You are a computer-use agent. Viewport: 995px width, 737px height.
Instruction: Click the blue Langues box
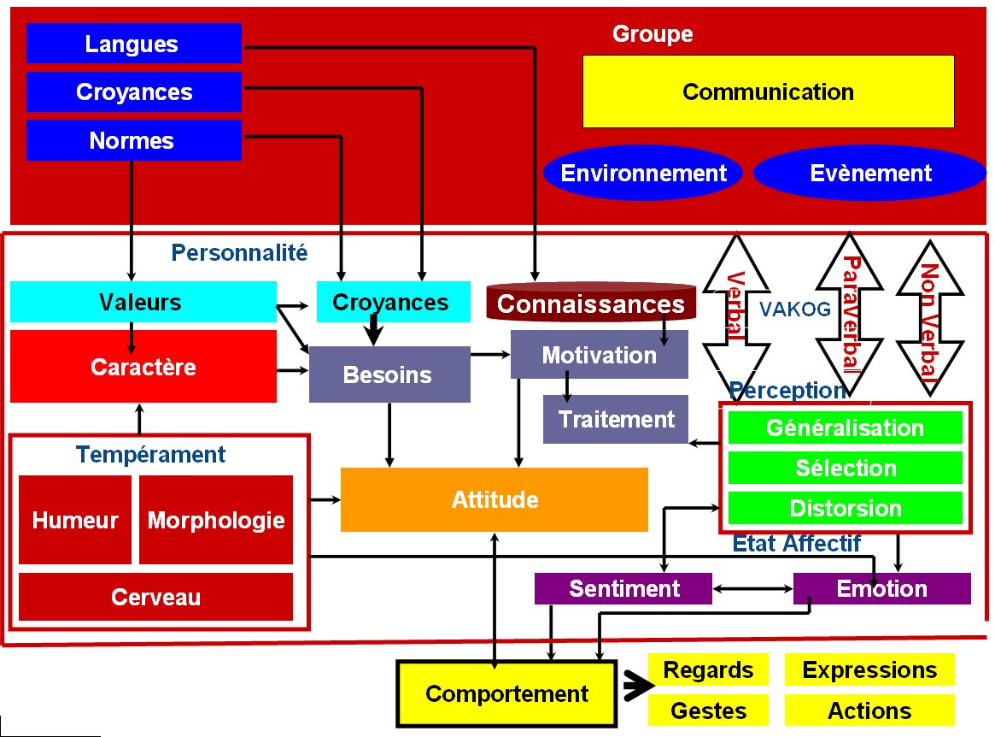[x=134, y=44]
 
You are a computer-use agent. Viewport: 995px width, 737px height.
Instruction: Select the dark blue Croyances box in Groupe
[x=134, y=91]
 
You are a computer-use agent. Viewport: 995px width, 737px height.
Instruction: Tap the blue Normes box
[x=134, y=139]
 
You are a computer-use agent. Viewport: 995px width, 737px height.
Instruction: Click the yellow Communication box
[x=769, y=91]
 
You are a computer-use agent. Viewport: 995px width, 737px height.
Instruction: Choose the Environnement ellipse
[x=643, y=173]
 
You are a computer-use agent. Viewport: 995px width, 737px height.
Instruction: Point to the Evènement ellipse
[x=870, y=173]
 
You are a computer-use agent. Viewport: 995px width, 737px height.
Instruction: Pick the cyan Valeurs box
[x=143, y=302]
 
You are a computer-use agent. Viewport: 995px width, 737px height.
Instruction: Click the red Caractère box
[x=143, y=367]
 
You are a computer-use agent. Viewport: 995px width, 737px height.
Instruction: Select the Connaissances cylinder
[x=591, y=303]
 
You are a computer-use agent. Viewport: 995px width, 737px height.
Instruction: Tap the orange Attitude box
[x=495, y=499]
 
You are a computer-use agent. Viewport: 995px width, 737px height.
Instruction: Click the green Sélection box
[x=846, y=469]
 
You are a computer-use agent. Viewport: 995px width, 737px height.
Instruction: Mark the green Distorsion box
[x=846, y=508]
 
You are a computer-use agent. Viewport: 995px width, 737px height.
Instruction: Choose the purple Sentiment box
[x=623, y=588]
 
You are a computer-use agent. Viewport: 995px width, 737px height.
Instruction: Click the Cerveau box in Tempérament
[x=155, y=597]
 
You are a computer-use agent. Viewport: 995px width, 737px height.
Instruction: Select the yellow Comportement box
[x=507, y=693]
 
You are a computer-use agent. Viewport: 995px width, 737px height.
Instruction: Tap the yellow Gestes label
[x=708, y=710]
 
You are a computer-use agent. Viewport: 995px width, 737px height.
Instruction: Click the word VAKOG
[x=795, y=309]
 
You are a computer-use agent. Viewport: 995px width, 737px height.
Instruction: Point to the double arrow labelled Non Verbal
[x=930, y=318]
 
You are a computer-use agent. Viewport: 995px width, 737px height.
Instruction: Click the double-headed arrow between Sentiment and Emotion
[x=752, y=589]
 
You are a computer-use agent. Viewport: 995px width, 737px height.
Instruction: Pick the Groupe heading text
[x=653, y=33]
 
